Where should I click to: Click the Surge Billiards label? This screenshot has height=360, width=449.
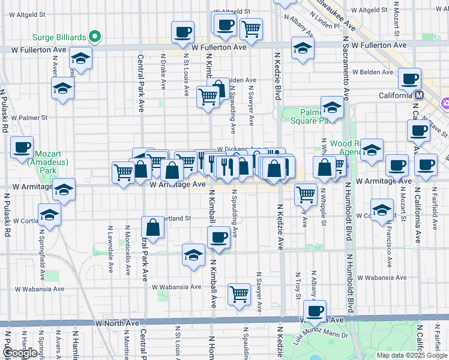tap(58, 37)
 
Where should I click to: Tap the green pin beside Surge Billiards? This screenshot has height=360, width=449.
tap(94, 37)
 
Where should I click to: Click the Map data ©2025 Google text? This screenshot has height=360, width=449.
tap(412, 355)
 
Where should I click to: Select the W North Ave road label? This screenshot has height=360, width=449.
tap(117, 323)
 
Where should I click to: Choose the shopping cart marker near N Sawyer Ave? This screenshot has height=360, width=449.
tap(239, 294)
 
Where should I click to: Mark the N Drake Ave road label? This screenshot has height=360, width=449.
tap(163, 72)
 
